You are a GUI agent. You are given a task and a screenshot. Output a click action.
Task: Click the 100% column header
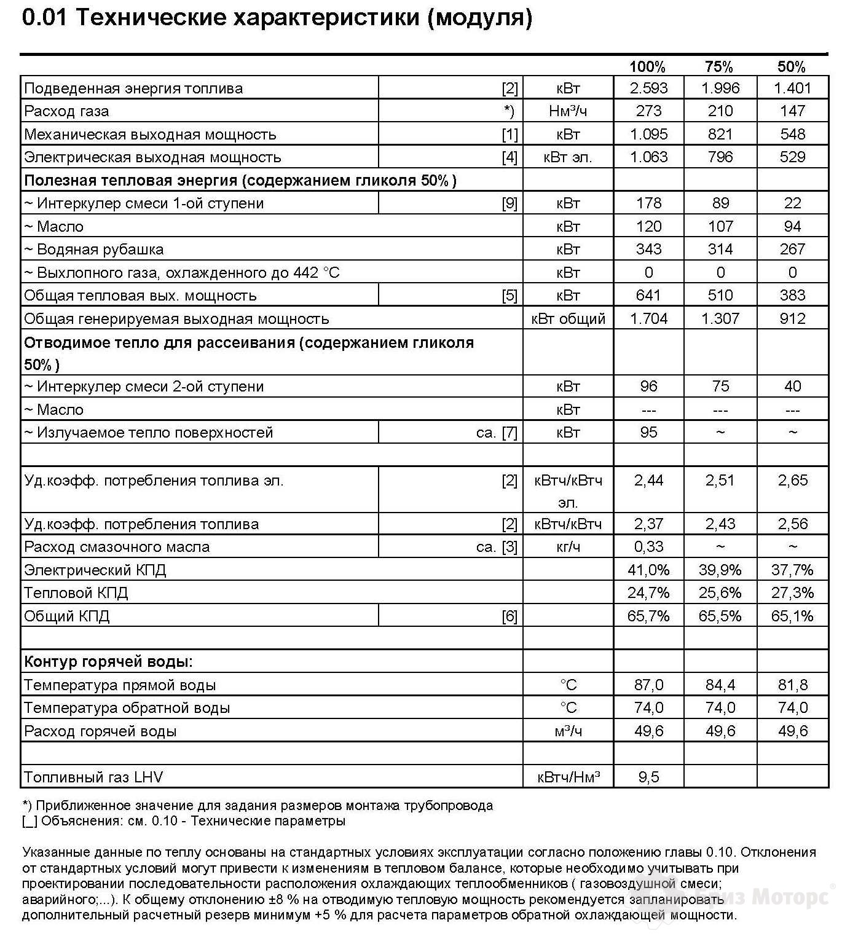click(x=648, y=66)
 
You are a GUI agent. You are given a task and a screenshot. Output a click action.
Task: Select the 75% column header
click(x=719, y=66)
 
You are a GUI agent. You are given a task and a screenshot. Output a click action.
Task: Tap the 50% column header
click(x=792, y=66)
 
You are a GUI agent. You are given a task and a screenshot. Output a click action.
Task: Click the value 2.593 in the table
click(x=648, y=88)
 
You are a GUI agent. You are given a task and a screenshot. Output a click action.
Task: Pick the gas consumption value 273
click(x=648, y=111)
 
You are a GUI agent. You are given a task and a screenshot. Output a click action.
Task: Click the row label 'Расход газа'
click(x=66, y=111)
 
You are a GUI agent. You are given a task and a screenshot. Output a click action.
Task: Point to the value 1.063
click(x=648, y=157)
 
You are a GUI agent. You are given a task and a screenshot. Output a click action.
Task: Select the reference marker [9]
click(x=510, y=203)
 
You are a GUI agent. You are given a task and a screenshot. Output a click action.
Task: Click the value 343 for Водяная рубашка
click(x=648, y=250)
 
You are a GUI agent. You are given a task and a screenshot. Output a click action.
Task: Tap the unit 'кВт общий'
click(x=568, y=319)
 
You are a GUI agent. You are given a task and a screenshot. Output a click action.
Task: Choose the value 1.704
click(x=648, y=319)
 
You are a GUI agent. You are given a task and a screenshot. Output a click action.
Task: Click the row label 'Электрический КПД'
click(x=95, y=570)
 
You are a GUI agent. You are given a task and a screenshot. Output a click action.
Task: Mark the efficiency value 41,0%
click(x=648, y=570)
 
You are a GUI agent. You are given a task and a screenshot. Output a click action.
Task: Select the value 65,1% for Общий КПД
click(x=792, y=616)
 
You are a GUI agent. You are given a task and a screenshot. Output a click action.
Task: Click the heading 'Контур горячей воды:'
click(x=108, y=662)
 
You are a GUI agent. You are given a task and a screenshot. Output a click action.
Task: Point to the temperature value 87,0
click(x=648, y=685)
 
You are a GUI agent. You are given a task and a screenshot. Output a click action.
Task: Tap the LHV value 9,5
click(x=648, y=777)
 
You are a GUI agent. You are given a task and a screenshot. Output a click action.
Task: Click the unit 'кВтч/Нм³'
click(x=568, y=777)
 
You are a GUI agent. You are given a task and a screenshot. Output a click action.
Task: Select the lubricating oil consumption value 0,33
click(x=648, y=547)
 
